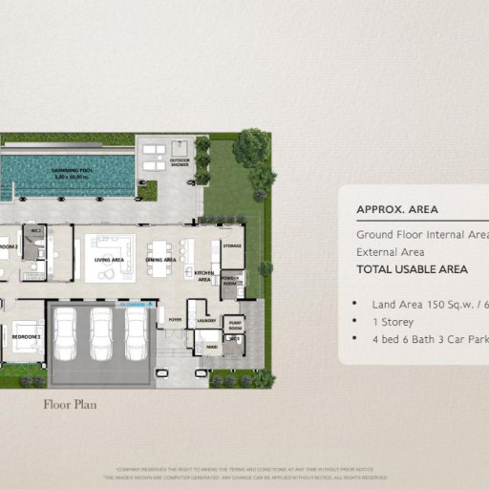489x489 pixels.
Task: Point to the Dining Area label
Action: [x=160, y=260]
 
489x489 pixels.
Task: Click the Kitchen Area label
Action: [x=203, y=275]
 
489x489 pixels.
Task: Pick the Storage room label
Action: [x=232, y=245]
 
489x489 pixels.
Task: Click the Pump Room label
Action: [x=236, y=325]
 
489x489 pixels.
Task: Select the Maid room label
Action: [x=212, y=348]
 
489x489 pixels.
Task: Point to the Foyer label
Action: [x=175, y=321]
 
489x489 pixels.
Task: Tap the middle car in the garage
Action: [x=100, y=333]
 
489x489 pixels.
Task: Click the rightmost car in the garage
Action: [x=136, y=333]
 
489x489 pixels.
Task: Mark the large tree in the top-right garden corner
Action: [x=251, y=147]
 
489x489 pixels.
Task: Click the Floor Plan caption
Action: [x=70, y=404]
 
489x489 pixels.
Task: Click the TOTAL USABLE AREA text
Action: [x=412, y=269]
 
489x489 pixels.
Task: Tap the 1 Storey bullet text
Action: [x=392, y=321]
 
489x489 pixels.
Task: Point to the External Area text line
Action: [x=392, y=252]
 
